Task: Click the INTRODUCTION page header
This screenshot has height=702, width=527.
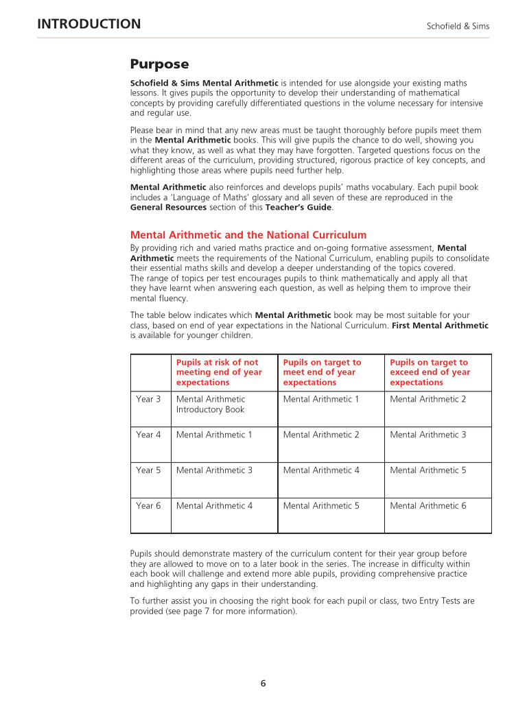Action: coord(89,25)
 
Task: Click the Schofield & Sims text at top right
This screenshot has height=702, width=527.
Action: coord(458,26)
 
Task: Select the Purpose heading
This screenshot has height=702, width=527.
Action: coord(159,64)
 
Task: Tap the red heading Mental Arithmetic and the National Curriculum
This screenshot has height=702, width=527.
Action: coord(248,234)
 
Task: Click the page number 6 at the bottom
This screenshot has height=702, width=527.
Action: coord(263,683)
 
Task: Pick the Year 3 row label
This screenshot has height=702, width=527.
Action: coord(148,399)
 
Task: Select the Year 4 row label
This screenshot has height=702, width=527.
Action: coord(148,435)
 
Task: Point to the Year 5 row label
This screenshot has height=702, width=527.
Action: coord(148,470)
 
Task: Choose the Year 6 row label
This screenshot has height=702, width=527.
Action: coord(148,506)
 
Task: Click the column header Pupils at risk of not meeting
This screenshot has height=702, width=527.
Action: coord(219,372)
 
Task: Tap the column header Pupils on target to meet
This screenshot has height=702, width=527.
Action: coord(322,372)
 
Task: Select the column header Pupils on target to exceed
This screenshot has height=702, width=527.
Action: coord(430,372)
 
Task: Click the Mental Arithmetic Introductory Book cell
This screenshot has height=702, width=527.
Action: coord(211,404)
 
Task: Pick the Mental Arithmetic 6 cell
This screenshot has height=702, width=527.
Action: coord(428,506)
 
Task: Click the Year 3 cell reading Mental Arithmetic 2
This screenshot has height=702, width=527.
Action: coord(428,399)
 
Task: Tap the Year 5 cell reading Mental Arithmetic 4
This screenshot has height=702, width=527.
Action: coord(321,470)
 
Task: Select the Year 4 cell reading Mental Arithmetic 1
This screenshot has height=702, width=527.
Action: coord(214,435)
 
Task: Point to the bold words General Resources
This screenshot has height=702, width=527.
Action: coord(168,207)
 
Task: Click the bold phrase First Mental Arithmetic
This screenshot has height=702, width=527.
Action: coord(440,326)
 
